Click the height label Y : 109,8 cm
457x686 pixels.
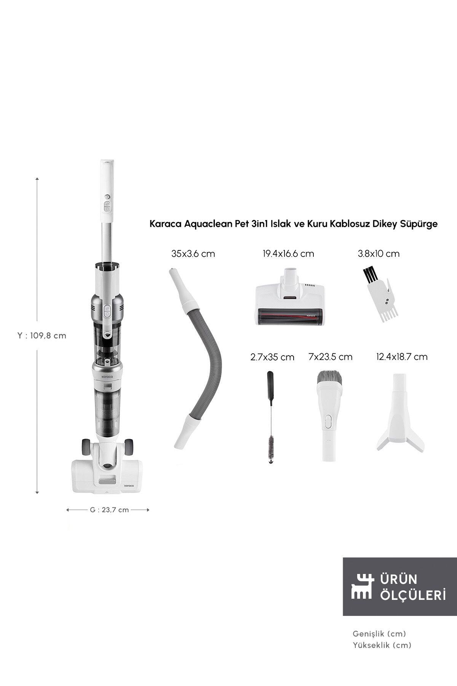[42, 336]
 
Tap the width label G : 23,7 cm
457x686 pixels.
[109, 510]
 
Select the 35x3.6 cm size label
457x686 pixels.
[193, 254]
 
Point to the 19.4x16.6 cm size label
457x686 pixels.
[288, 254]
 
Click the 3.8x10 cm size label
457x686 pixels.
[379, 254]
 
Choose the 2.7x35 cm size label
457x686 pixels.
[272, 357]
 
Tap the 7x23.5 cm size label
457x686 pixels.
[330, 357]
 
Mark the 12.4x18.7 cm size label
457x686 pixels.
[401, 357]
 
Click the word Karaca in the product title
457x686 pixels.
[165, 224]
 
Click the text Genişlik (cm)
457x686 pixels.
[379, 634]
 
